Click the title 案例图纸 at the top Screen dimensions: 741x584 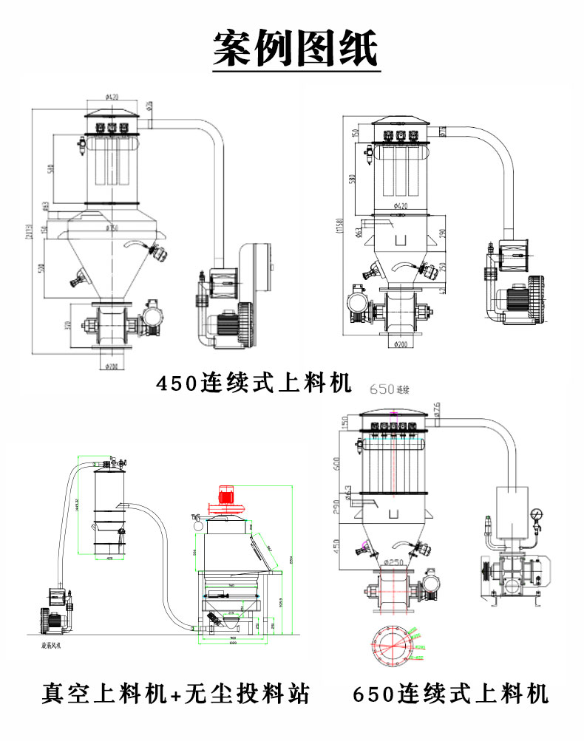click(x=296, y=49)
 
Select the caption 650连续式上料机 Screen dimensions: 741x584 click(x=452, y=694)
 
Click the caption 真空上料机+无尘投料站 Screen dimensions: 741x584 click(x=175, y=694)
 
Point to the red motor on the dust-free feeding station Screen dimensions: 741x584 click(x=226, y=496)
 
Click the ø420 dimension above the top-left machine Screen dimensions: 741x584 click(x=112, y=96)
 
